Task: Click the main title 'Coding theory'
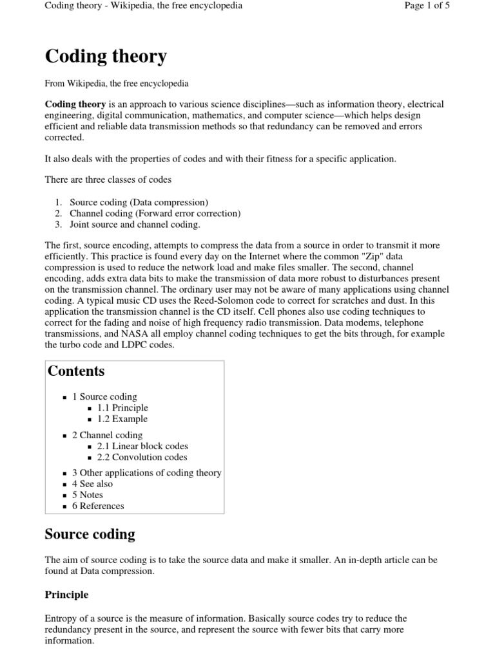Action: [x=106, y=57]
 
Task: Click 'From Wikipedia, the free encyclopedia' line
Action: [x=116, y=83]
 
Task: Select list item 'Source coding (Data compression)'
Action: [x=139, y=202]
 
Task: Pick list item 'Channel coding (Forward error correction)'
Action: [x=155, y=213]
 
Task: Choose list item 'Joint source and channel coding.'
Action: [x=135, y=224]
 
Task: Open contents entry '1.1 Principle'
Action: [x=122, y=408]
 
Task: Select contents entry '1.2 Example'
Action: [x=122, y=419]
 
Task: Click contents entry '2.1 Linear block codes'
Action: [x=142, y=446]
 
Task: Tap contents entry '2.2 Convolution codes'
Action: [x=142, y=457]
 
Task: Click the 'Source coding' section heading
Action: [x=90, y=534]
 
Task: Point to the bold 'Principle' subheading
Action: [x=66, y=595]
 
